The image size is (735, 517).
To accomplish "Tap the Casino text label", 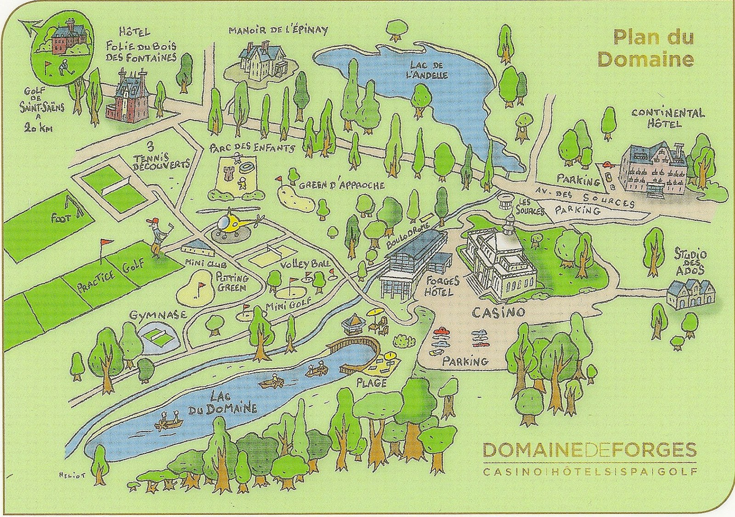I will (x=498, y=313).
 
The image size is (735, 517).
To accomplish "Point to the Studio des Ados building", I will (x=689, y=291).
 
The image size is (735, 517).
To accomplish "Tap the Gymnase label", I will (x=152, y=315).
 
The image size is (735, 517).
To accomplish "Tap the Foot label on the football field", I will (x=61, y=218).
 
